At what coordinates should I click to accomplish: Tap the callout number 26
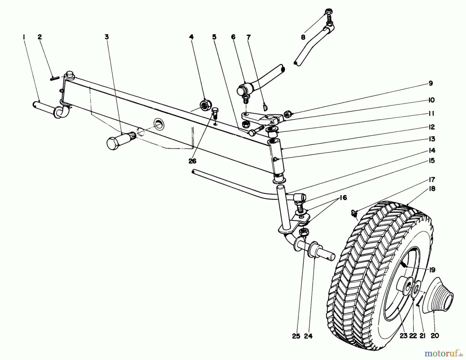(192, 161)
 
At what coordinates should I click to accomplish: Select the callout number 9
(430, 83)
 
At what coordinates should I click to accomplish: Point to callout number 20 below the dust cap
(435, 336)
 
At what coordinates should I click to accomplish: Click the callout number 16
(343, 198)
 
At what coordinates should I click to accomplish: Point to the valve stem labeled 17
(354, 213)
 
